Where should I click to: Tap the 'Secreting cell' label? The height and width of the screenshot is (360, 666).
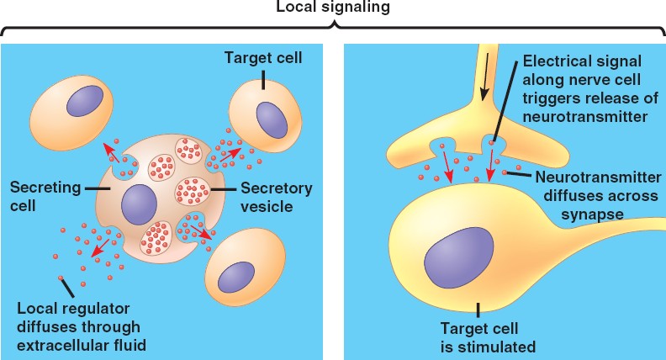point(41,194)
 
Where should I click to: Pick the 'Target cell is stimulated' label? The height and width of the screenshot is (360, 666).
point(477,336)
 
